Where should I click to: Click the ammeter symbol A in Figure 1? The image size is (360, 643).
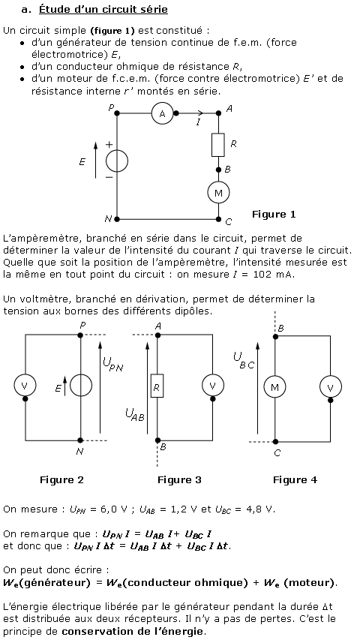162,113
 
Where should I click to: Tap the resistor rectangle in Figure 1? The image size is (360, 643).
218,145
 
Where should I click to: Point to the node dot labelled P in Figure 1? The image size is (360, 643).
117,113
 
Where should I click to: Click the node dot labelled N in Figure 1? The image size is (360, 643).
117,219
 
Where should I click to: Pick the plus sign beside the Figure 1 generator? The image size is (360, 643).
109,144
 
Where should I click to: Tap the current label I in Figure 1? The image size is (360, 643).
198,122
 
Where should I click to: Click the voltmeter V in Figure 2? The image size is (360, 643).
25,386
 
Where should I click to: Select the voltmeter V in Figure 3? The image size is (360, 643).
213,386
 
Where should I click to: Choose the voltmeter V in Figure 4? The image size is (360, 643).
331,386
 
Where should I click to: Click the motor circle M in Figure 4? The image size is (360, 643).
274,386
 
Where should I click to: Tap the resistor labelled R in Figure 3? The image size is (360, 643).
157,386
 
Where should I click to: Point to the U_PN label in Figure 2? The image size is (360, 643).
112,364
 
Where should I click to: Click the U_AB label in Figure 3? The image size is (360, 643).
135,415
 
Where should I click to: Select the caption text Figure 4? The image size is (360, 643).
295,479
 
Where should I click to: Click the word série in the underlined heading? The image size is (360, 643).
154,9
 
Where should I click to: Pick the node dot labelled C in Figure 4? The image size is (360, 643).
275,442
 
